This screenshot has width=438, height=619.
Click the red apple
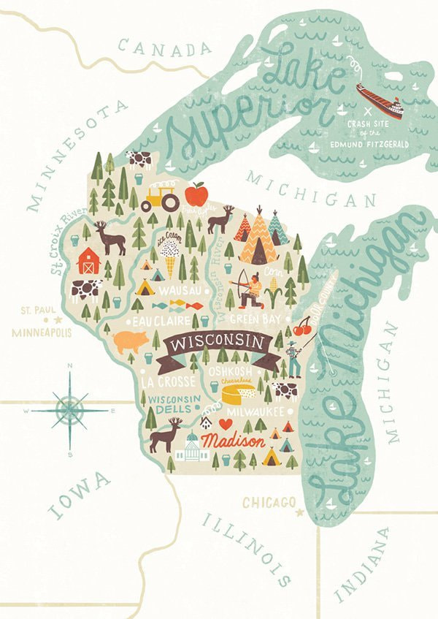196,194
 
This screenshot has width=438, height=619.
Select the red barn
88,259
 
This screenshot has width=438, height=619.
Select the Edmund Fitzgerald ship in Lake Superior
379,102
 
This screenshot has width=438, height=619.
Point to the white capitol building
192,448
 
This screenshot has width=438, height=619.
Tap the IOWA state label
80,496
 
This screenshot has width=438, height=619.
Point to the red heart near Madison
226,424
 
